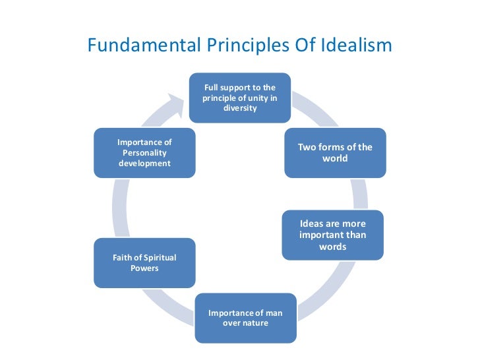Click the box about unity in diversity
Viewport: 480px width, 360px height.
240,98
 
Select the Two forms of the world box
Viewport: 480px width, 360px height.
335,152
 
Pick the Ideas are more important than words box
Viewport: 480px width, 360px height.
332,235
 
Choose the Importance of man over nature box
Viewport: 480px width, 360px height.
245,318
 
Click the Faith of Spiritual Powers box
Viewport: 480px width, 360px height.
144,262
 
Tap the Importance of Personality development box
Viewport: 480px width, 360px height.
144,152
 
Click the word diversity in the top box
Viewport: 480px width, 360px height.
240,109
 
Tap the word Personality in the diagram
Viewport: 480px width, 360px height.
144,152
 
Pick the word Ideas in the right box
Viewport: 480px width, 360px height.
312,224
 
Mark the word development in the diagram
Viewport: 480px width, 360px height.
144,163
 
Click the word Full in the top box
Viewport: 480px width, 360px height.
211,88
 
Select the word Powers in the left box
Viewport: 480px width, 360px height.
144,268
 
